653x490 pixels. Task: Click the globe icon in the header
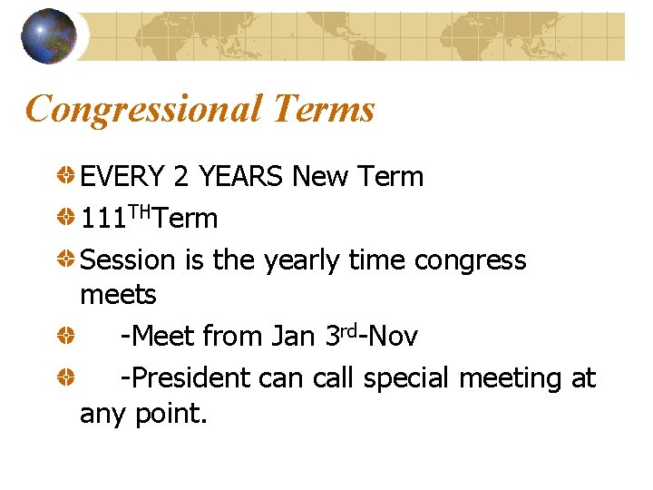click(48, 35)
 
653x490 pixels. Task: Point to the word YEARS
click(240, 176)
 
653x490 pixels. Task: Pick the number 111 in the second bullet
click(102, 219)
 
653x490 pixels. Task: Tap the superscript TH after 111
click(140, 211)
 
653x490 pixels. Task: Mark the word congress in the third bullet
click(470, 261)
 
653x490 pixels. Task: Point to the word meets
click(118, 295)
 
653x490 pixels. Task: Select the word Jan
click(293, 337)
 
